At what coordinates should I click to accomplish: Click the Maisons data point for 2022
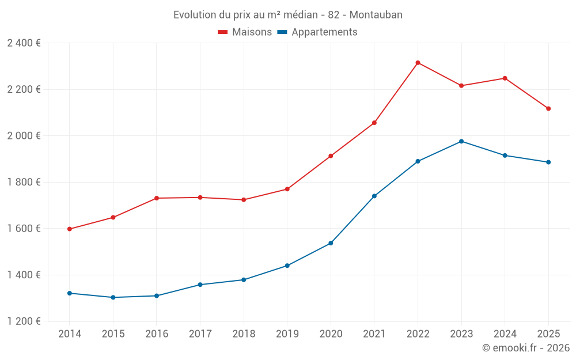pos(418,63)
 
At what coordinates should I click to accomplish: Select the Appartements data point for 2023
pos(461,141)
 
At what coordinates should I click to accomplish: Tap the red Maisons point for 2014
pos(70,229)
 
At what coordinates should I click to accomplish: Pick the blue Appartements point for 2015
pos(113,297)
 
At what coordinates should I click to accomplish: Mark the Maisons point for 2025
pos(548,108)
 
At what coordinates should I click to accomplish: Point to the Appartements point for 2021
pos(374,196)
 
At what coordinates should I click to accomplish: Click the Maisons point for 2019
pos(287,189)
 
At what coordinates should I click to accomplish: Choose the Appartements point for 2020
pos(331,243)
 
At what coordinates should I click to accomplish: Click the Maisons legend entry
pos(245,32)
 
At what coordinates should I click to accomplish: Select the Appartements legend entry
pos(317,32)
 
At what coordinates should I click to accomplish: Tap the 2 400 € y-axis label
pos(24,43)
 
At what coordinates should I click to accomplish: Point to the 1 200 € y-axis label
pos(24,321)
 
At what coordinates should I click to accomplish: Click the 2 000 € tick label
pos(24,136)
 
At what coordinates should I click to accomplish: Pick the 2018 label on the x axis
pos(244,334)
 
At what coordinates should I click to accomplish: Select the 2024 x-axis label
pos(505,334)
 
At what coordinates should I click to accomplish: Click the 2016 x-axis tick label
pos(157,334)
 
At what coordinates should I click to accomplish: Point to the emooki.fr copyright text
pos(526,348)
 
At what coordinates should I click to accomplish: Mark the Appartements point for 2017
pos(200,285)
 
